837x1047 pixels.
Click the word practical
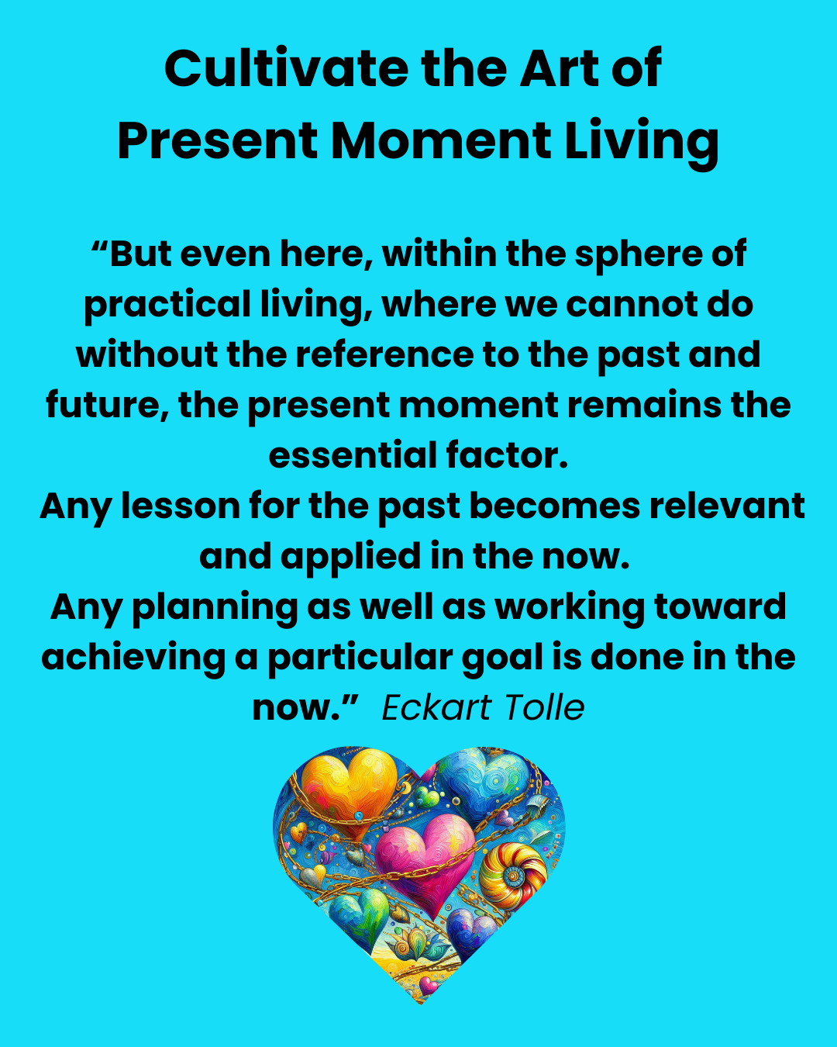167,306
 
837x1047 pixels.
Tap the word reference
384,354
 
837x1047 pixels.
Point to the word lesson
180,506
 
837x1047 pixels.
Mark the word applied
350,558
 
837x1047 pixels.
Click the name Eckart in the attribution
436,707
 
